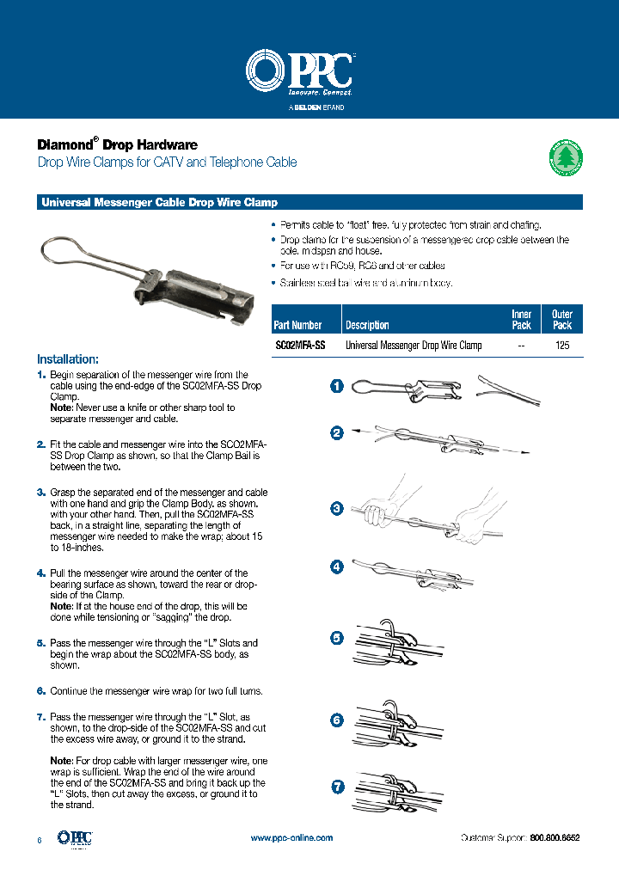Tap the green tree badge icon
(566, 158)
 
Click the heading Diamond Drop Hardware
(117, 144)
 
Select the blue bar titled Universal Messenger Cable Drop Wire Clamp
(309, 203)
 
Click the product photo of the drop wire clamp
(145, 275)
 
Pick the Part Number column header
(297, 325)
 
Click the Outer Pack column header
(562, 320)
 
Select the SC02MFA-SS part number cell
(300, 345)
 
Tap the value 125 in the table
(562, 345)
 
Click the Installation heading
(68, 358)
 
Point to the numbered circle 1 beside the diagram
(338, 386)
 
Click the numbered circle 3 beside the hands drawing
(338, 509)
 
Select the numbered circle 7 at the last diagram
(338, 786)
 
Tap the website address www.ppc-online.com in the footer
(291, 837)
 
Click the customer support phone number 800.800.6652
(555, 837)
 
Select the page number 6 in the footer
(40, 838)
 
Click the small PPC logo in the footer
(74, 837)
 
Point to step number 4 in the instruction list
(41, 573)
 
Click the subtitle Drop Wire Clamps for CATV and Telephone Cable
(167, 162)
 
